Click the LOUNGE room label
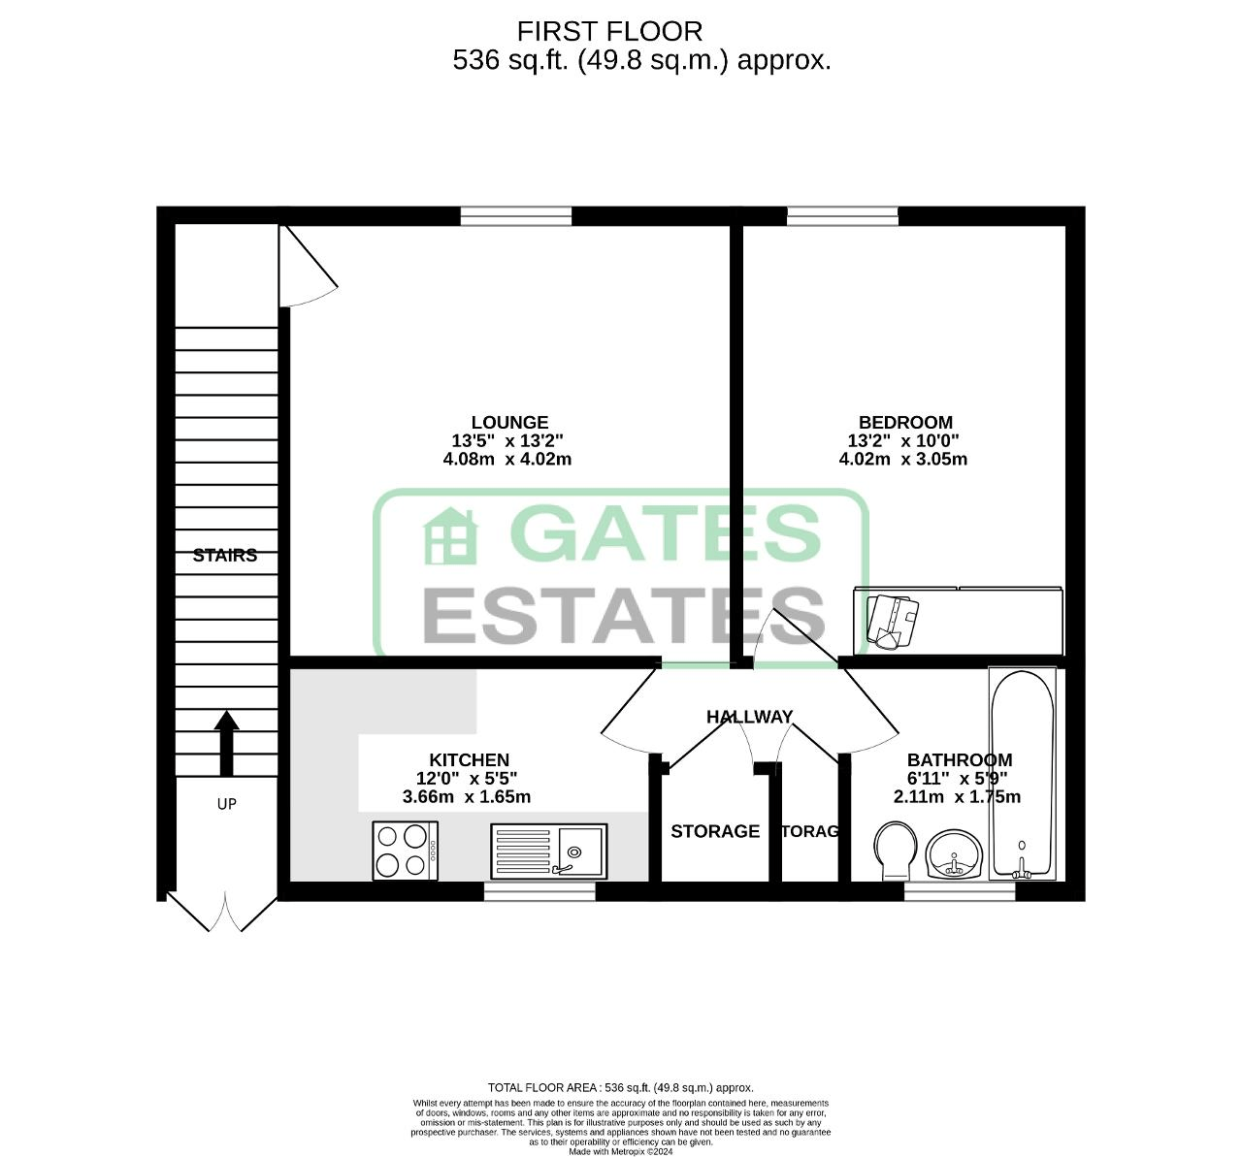[x=509, y=422]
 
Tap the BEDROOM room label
[x=905, y=422]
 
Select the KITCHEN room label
[x=469, y=760]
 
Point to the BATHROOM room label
[x=959, y=760]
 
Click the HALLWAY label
[x=749, y=717]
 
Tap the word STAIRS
[x=225, y=556]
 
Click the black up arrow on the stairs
[x=226, y=742]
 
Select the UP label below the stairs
[x=226, y=804]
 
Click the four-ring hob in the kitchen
[x=405, y=851]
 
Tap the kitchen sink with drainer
[x=548, y=851]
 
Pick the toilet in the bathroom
[x=895, y=850]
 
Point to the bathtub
[x=1022, y=773]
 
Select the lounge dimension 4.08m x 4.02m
[x=507, y=460]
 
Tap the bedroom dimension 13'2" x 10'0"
[x=903, y=440]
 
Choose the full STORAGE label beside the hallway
[x=715, y=831]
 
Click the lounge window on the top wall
[x=515, y=215]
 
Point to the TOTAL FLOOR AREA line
[x=620, y=1087]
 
